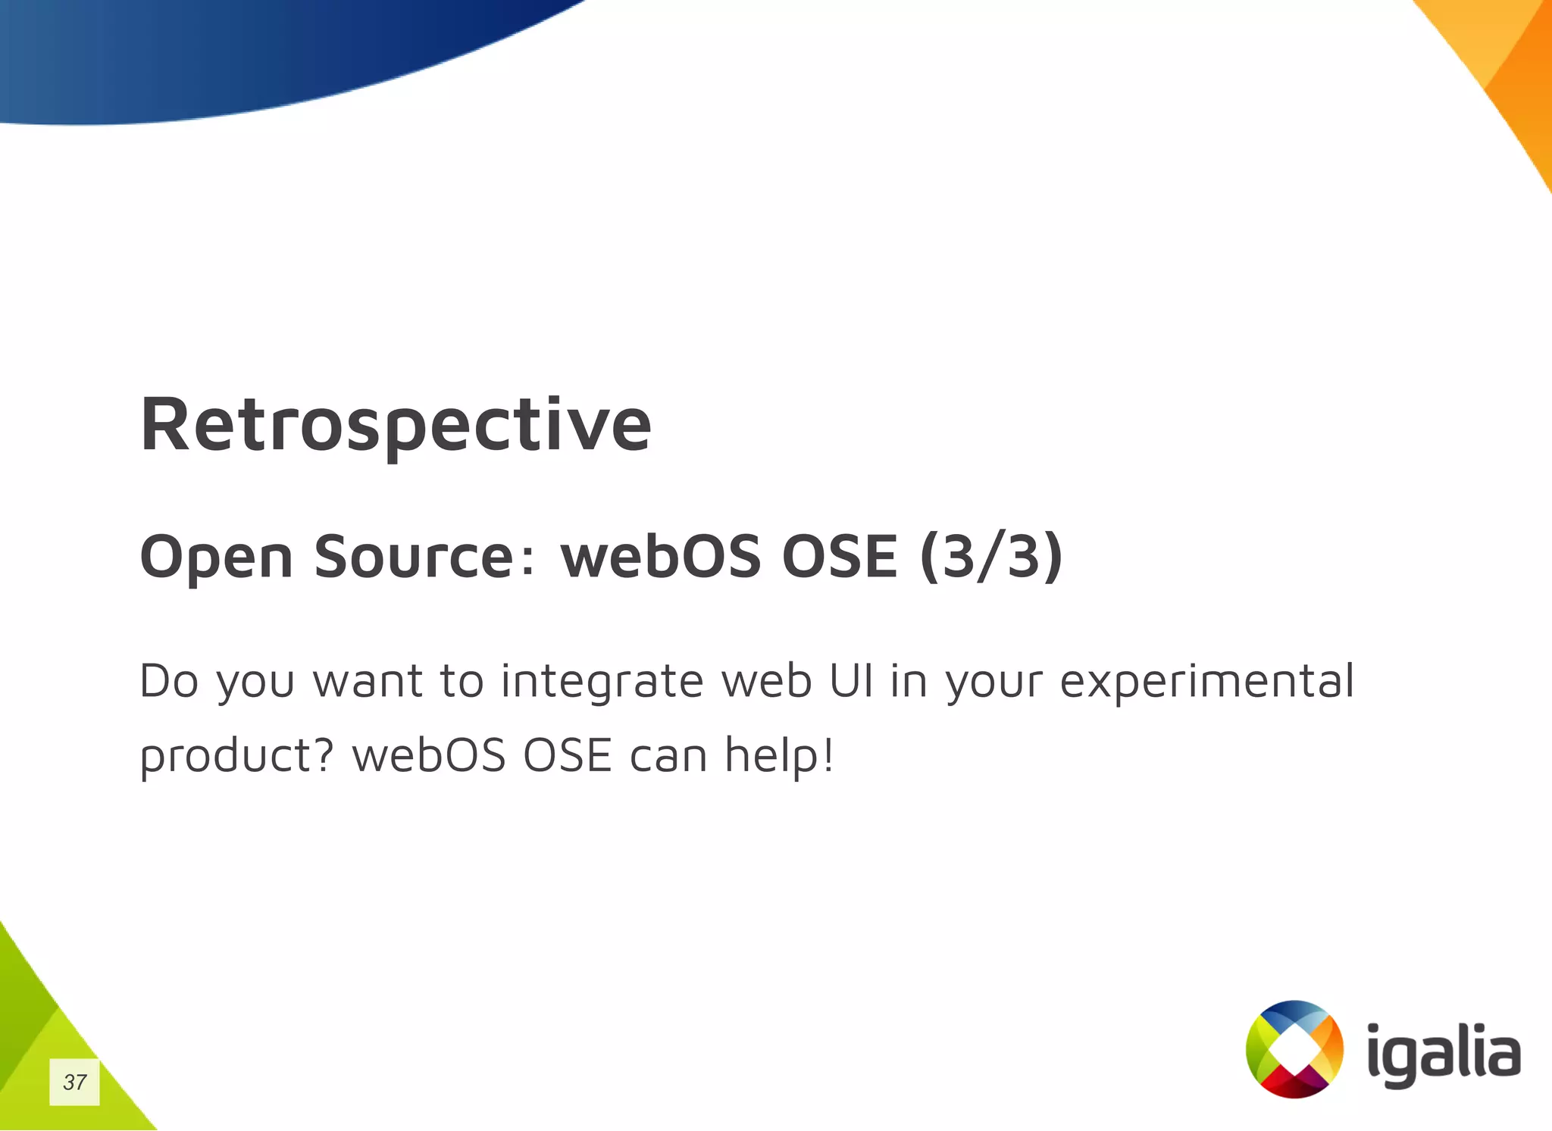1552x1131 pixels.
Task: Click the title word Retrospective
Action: coord(396,425)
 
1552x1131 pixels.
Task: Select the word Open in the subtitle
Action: coord(216,558)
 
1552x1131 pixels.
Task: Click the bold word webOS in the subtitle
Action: coord(660,556)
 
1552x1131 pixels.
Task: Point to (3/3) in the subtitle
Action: coord(990,556)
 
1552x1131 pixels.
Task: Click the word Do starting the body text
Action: coord(168,680)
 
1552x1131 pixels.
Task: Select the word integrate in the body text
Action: coord(602,680)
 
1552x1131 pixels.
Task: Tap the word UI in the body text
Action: coord(851,680)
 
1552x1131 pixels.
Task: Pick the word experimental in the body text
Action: coord(1206,680)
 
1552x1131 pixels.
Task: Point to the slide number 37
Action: coord(74,1082)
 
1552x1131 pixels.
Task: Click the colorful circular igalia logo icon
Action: coord(1294,1048)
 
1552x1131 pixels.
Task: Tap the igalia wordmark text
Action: coord(1444,1054)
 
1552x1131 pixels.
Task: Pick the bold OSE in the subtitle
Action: coord(840,556)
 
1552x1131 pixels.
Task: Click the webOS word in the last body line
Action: coord(429,756)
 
